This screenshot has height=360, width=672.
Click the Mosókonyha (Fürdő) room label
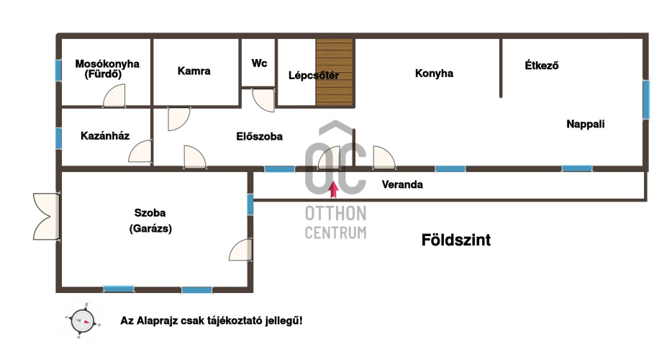click(x=107, y=68)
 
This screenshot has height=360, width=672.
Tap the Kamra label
click(x=194, y=71)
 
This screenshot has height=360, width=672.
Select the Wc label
click(x=259, y=63)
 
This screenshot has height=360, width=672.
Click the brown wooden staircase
click(x=335, y=72)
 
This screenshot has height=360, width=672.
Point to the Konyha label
click(x=434, y=73)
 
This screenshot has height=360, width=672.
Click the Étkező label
click(x=541, y=66)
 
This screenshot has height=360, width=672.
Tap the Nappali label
click(x=586, y=124)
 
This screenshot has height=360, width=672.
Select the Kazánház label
click(x=105, y=136)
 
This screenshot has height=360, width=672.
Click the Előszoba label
click(x=259, y=137)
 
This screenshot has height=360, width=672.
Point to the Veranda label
click(x=402, y=184)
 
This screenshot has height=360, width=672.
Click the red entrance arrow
click(x=333, y=189)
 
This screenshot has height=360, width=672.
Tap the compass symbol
click(x=82, y=321)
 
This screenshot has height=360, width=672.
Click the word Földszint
click(x=456, y=240)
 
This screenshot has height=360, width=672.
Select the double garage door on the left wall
click(x=46, y=216)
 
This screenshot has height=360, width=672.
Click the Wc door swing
click(x=263, y=100)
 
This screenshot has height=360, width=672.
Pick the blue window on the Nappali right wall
click(x=646, y=99)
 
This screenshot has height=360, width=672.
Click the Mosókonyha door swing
click(x=114, y=96)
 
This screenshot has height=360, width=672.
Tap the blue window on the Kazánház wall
click(x=58, y=138)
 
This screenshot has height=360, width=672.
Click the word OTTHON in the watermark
click(x=335, y=213)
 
